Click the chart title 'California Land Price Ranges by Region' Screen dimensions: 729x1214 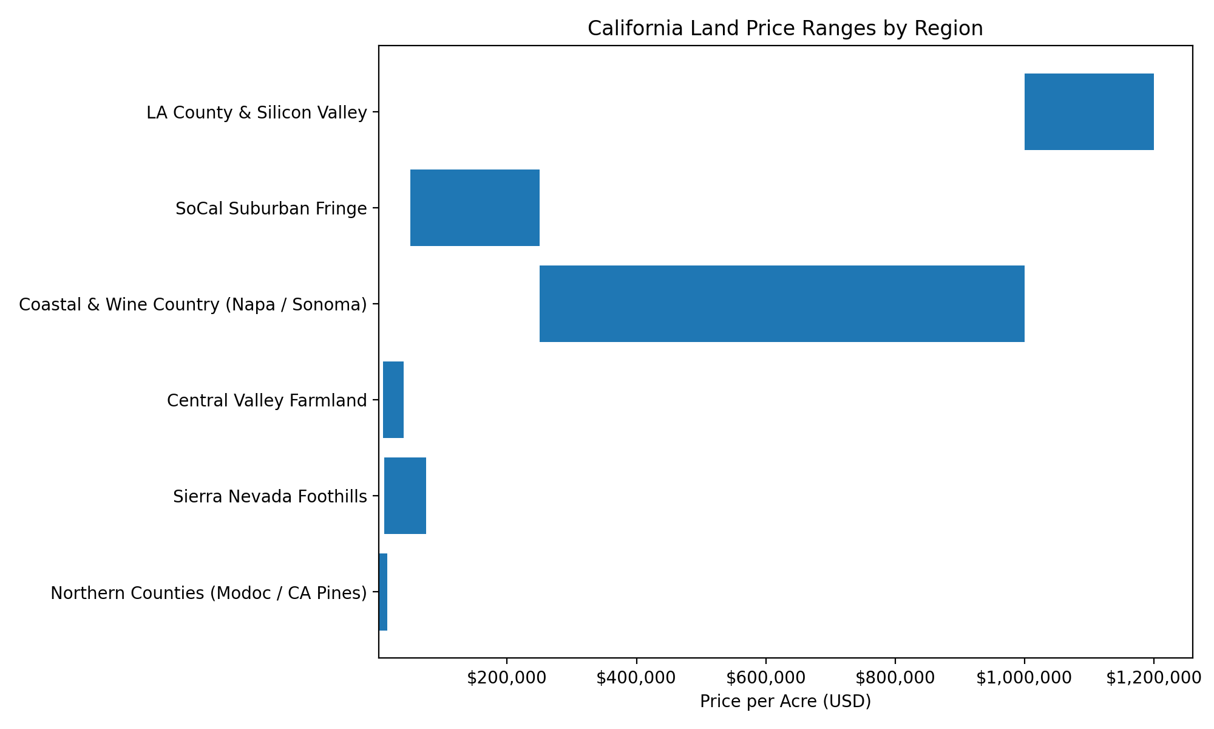click(x=785, y=29)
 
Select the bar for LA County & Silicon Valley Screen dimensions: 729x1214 click(x=1089, y=112)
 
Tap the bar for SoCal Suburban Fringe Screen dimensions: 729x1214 click(x=475, y=208)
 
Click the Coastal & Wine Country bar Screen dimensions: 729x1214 click(x=782, y=304)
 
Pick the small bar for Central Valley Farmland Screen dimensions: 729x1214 click(x=393, y=400)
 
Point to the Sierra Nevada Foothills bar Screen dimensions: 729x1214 click(x=405, y=496)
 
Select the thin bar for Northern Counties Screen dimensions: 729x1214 click(x=383, y=592)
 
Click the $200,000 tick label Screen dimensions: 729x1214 click(x=506, y=679)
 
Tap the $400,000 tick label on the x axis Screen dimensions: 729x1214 click(x=636, y=679)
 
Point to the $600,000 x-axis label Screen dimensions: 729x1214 click(x=765, y=679)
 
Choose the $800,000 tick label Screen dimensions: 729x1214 click(x=895, y=679)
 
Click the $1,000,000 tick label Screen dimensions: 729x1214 click(x=1024, y=679)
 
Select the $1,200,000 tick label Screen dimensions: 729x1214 click(x=1153, y=679)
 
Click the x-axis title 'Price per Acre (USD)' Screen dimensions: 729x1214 click(x=785, y=702)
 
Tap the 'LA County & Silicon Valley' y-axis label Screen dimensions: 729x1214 click(x=257, y=113)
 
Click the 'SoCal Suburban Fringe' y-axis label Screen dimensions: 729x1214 click(x=271, y=209)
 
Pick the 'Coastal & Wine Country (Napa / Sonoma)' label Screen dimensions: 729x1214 click(x=193, y=304)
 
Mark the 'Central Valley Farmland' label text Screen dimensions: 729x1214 click(x=267, y=401)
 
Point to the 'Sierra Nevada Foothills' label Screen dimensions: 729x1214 click(x=270, y=497)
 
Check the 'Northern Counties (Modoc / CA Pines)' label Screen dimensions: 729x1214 click(x=209, y=593)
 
